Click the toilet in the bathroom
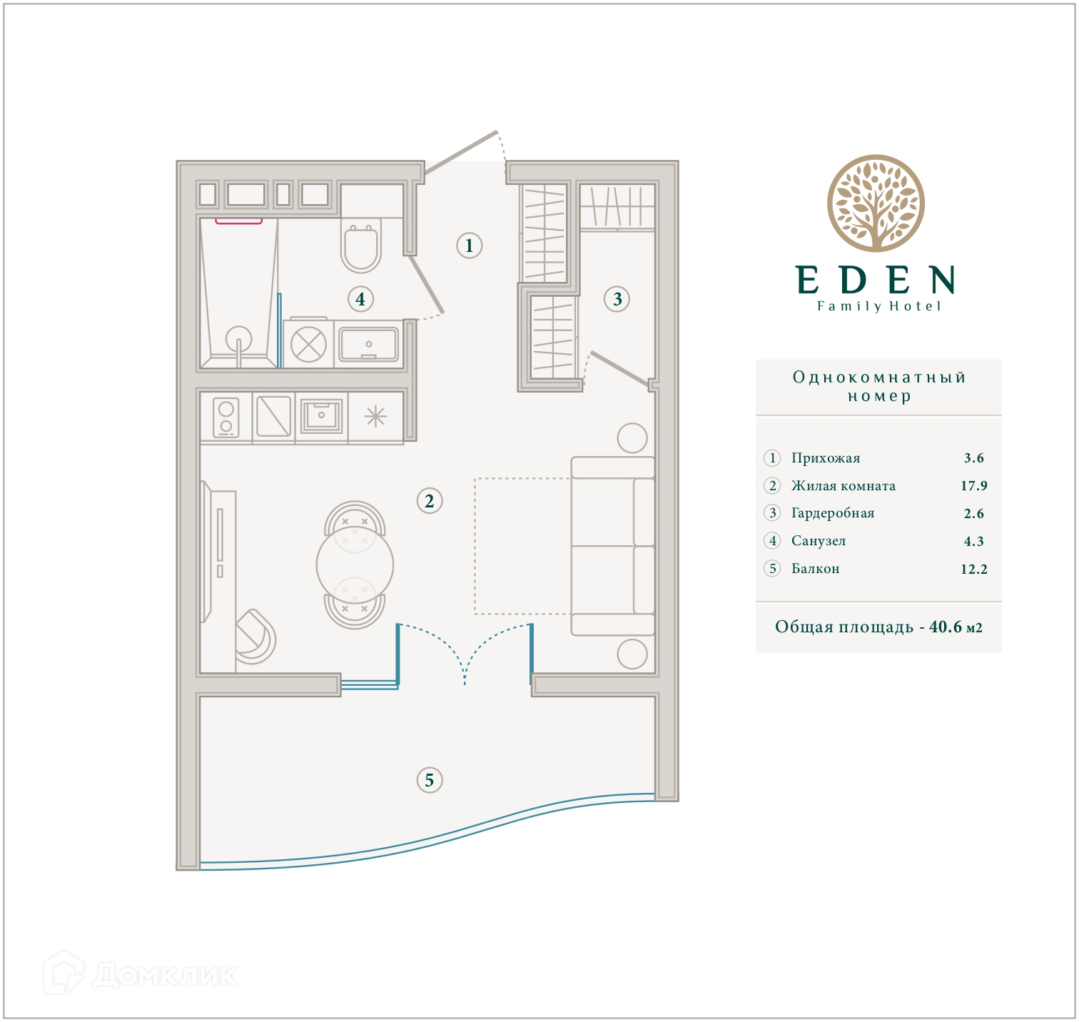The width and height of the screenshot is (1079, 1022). [361, 246]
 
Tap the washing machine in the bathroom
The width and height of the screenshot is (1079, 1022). [308, 344]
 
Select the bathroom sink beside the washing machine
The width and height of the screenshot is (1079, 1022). [368, 344]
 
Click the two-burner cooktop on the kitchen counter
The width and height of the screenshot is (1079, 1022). [226, 418]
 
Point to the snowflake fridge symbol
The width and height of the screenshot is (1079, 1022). [375, 416]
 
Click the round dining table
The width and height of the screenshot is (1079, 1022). [355, 565]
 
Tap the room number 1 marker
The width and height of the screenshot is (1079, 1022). [470, 246]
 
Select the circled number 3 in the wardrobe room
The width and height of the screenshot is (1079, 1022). [617, 299]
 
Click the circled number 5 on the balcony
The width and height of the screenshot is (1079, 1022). [430, 779]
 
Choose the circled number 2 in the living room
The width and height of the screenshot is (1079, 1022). [430, 501]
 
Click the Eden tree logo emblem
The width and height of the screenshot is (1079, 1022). [876, 203]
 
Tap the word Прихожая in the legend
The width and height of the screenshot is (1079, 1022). [826, 458]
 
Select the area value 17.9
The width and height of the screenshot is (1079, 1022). [974, 486]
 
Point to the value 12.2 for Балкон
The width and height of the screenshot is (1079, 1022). [974, 569]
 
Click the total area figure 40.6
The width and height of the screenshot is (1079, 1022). [946, 627]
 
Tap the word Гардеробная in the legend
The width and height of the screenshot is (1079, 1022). [833, 513]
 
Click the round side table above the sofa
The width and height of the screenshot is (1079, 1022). [632, 438]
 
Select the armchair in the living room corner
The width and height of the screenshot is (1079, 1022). [255, 637]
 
